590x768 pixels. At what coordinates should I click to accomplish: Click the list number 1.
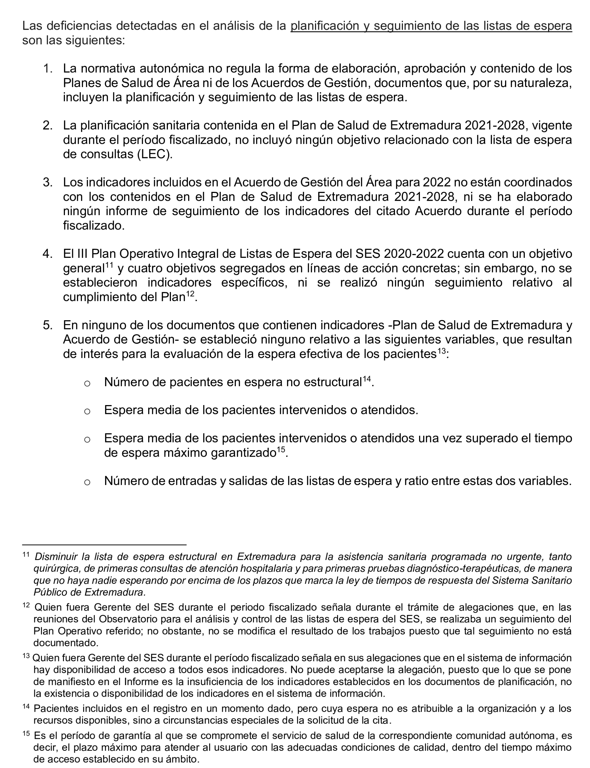pyautogui.click(x=47, y=68)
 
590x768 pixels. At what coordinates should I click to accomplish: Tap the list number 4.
pyautogui.click(x=47, y=254)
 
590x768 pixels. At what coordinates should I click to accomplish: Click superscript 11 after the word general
pyautogui.click(x=109, y=266)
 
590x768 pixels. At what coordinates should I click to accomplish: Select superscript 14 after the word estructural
pyautogui.click(x=367, y=379)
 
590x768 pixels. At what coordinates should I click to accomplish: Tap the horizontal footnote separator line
pyautogui.click(x=104, y=545)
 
